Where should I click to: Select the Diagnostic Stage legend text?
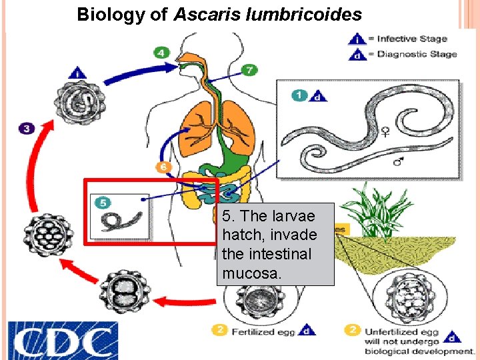[x=417, y=53]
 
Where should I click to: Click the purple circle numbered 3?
[x=26, y=128]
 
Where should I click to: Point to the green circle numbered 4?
[x=162, y=51]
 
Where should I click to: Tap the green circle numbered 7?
[x=249, y=69]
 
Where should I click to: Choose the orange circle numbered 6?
[x=162, y=166]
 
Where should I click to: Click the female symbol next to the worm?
[x=385, y=133]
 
